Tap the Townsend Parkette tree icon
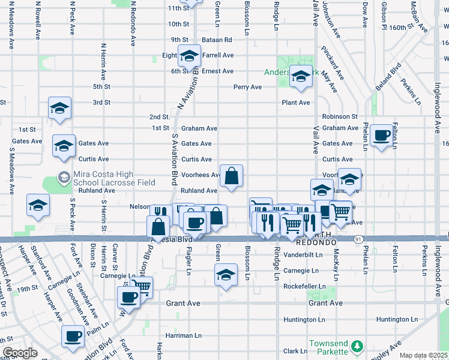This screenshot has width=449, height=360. tap(357, 346)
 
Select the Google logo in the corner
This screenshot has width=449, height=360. tap(20, 353)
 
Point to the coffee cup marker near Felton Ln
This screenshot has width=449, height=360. tap(381, 136)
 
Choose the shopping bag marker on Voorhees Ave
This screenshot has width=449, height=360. tap(232, 176)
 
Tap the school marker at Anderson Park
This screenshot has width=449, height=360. tap(301, 76)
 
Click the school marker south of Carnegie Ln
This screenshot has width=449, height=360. tap(225, 275)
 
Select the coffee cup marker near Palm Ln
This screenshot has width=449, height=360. tap(73, 336)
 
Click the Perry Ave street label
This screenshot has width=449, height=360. tap(247, 87)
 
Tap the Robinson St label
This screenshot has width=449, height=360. tap(339, 116)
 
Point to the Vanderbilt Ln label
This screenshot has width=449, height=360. tap(303, 254)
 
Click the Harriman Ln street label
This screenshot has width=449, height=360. tap(184, 335)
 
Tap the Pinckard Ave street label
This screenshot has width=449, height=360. tap(331, 64)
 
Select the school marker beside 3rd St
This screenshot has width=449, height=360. tap(59, 108)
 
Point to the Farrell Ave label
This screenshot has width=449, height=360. tap(217, 55)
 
